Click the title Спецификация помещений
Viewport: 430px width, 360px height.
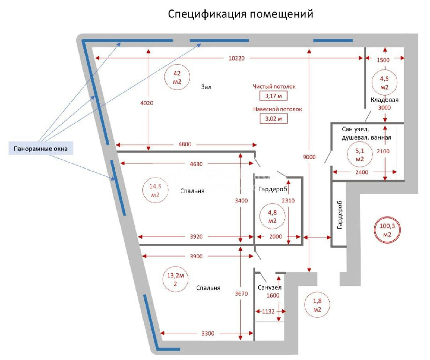tap(240, 14)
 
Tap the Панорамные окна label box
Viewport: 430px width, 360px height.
tap(41, 149)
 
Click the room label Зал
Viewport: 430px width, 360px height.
tap(206, 87)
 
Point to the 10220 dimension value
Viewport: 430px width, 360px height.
tap(237, 58)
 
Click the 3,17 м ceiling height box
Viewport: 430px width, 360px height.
tap(274, 96)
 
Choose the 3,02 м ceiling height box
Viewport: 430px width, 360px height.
tap(274, 119)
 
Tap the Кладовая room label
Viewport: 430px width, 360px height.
tap(384, 99)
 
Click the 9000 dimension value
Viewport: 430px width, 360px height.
tap(309, 157)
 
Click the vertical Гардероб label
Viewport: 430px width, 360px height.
tap(340, 215)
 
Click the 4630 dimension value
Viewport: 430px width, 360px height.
tap(196, 164)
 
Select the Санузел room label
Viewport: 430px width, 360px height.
tap(270, 287)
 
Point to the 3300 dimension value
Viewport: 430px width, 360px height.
tap(208, 333)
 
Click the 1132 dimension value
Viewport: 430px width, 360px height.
tap(268, 311)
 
